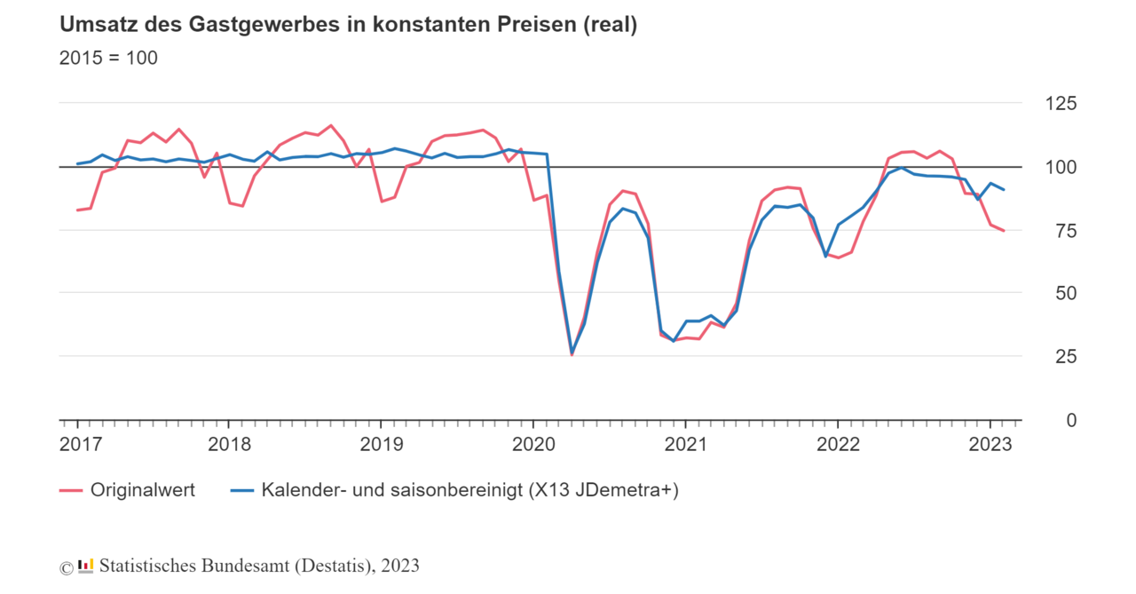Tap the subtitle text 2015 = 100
tap(108, 59)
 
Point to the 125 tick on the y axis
tap(1060, 105)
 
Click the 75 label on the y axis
tap(1066, 231)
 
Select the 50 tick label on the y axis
tap(1066, 294)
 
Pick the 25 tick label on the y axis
tap(1066, 357)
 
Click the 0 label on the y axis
tap(1071, 420)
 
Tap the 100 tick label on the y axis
tap(1060, 168)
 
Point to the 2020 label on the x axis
tap(532, 444)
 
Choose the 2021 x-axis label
tap(685, 444)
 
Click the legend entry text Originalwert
tap(143, 490)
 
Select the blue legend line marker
tap(241, 490)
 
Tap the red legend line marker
tap(71, 490)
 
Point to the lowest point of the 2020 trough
tap(572, 354)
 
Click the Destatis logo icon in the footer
tap(86, 566)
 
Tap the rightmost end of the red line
tap(1004, 231)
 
